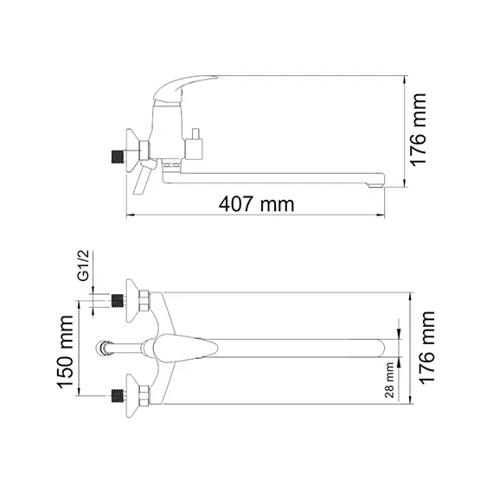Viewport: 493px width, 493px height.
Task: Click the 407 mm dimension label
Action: coord(257,204)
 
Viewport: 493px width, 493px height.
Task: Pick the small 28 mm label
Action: coord(389,379)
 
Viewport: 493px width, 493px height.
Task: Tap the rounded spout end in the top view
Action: coord(382,349)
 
